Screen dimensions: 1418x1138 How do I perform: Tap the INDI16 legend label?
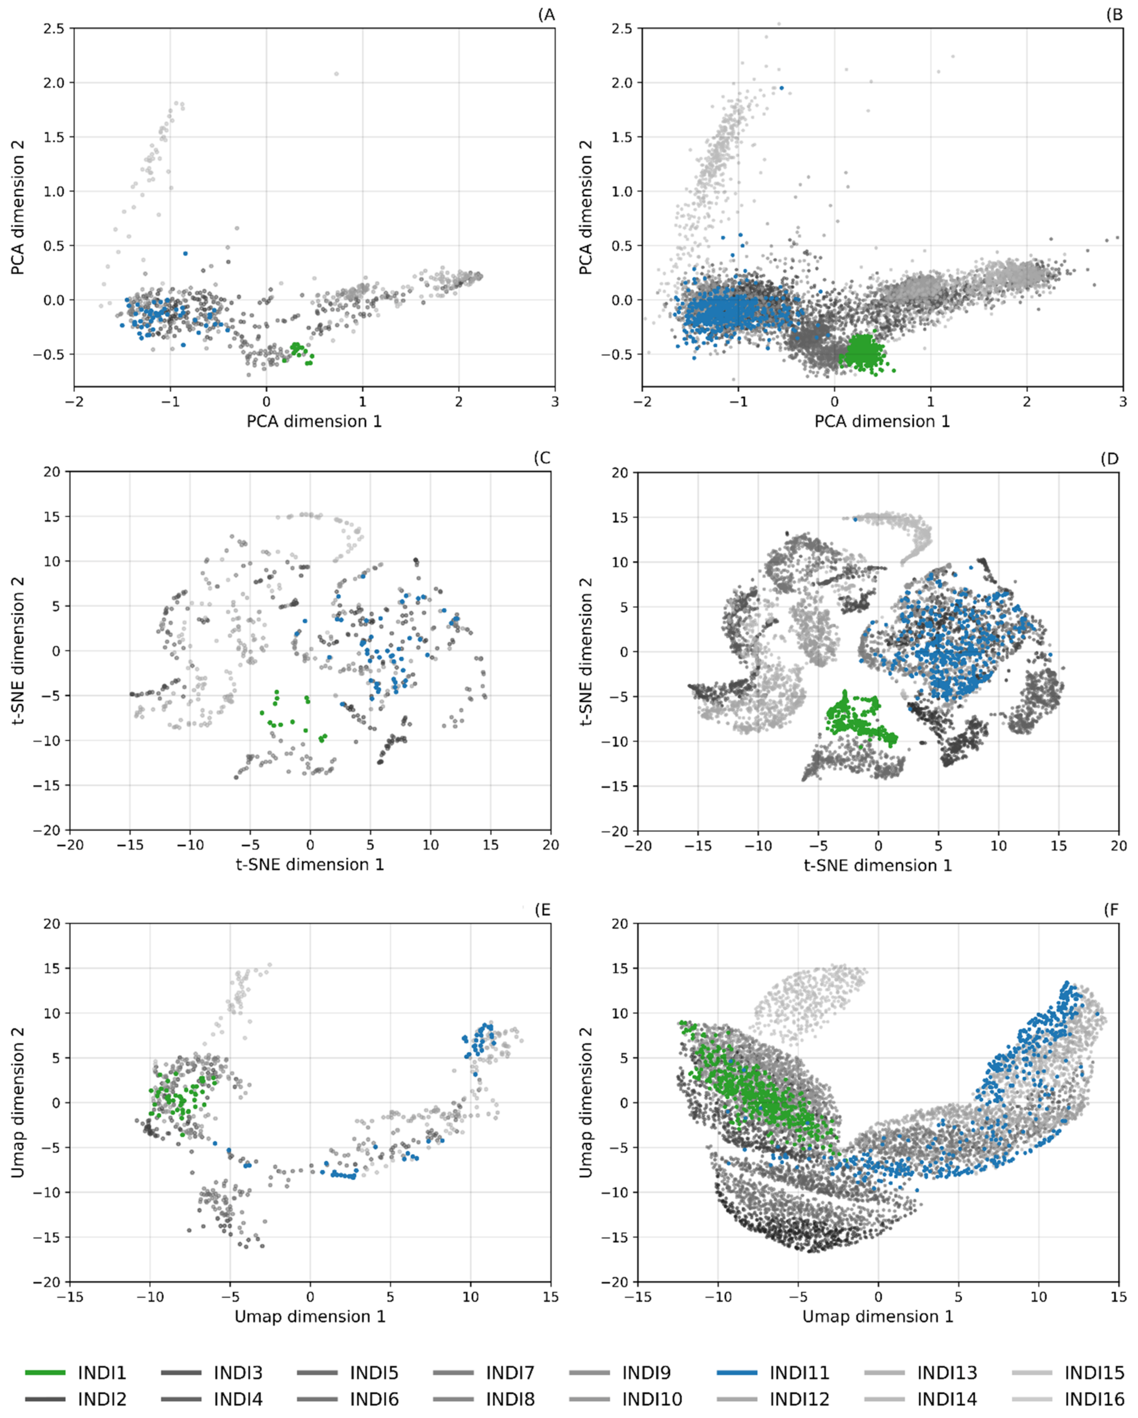pyautogui.click(x=1094, y=1399)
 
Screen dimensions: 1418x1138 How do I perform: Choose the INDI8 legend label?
pyautogui.click(x=510, y=1399)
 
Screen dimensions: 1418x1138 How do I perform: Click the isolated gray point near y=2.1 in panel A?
pyautogui.click(x=336, y=74)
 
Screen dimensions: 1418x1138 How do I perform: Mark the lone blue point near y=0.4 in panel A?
pyautogui.click(x=185, y=253)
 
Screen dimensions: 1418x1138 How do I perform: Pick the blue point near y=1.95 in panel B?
pyautogui.click(x=782, y=88)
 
